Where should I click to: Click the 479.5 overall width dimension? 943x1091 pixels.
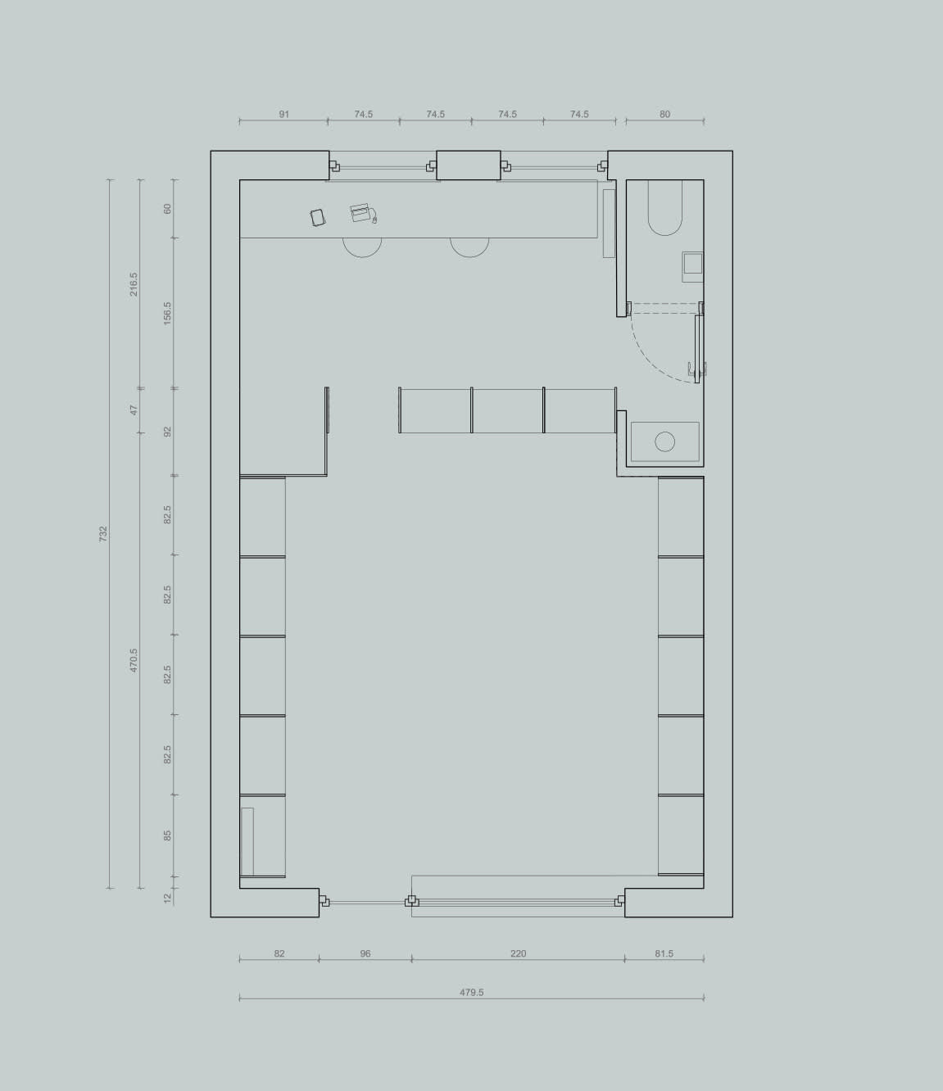click(472, 992)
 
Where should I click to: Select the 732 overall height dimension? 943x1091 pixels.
click(103, 533)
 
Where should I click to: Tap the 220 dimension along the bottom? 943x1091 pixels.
click(519, 953)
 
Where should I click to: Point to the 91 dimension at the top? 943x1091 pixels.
click(284, 114)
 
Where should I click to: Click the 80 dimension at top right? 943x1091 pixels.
click(664, 114)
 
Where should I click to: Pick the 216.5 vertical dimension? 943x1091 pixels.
click(134, 284)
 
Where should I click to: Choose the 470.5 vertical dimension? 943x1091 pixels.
click(134, 660)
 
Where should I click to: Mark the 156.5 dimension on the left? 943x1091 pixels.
click(167, 313)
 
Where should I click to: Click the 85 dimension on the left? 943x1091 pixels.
click(167, 836)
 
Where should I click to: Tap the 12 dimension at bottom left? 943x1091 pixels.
click(167, 898)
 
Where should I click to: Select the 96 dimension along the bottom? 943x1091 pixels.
click(365, 953)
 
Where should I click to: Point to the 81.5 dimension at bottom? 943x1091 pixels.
click(664, 953)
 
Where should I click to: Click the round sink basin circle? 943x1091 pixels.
click(664, 441)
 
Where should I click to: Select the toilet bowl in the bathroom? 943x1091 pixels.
click(665, 207)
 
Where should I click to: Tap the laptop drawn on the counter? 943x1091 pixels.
click(363, 213)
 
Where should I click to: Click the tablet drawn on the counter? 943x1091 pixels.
click(317, 217)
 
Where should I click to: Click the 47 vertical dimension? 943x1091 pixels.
click(134, 410)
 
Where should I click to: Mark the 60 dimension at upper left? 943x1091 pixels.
click(167, 209)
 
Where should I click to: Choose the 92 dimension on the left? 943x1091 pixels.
click(167, 432)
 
